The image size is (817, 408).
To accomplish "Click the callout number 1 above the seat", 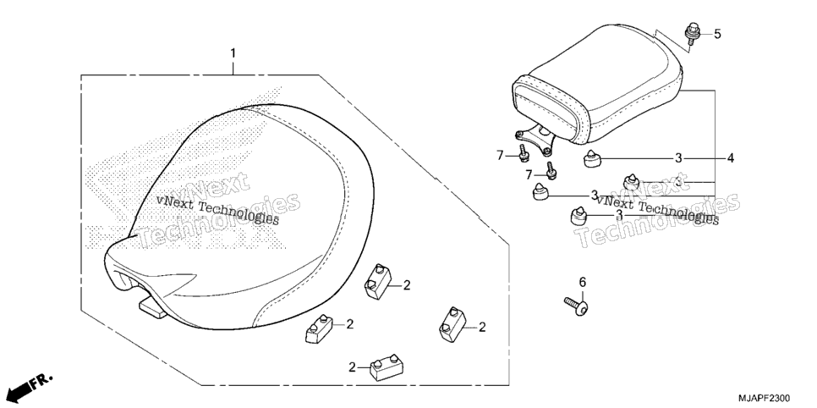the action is tap(233, 53).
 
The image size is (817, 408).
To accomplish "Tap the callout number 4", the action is tap(731, 157).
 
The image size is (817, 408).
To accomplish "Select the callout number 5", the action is tap(717, 35).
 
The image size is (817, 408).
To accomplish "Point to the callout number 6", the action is tap(583, 282).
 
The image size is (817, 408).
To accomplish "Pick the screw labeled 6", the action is tap(576, 306).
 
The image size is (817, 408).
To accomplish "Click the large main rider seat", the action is tap(239, 217).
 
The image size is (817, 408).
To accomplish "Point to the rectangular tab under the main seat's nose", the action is tap(153, 308).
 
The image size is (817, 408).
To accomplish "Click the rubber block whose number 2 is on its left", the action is tap(387, 367).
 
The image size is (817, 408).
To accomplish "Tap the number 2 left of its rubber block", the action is tap(352, 367).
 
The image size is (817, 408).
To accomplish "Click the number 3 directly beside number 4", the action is tap(678, 158).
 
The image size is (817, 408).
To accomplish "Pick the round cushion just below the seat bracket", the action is tap(590, 159).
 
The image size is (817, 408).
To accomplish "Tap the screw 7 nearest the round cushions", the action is tap(550, 171).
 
